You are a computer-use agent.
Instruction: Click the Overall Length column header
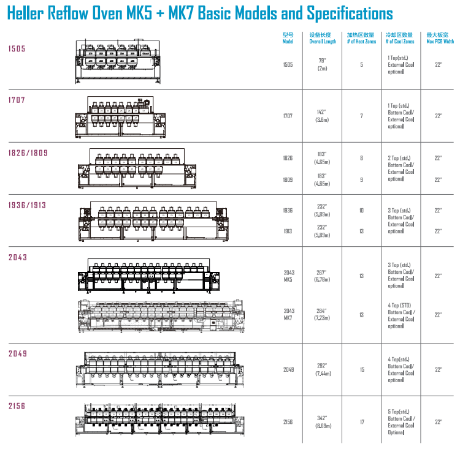(x=323, y=39)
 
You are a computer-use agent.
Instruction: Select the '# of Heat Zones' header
(x=361, y=39)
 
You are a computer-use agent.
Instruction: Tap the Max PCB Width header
(x=440, y=39)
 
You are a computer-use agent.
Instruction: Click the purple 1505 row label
(x=17, y=48)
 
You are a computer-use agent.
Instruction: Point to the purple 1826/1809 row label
(x=28, y=153)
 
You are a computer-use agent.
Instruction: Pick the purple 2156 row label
(x=17, y=405)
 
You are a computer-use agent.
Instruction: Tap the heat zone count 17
(x=362, y=421)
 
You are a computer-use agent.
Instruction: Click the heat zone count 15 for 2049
(x=362, y=369)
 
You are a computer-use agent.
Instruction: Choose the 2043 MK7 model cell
(x=289, y=315)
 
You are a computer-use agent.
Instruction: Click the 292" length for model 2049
(x=323, y=366)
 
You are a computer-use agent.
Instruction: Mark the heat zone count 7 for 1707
(x=362, y=115)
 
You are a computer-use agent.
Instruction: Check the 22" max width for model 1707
(x=439, y=115)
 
